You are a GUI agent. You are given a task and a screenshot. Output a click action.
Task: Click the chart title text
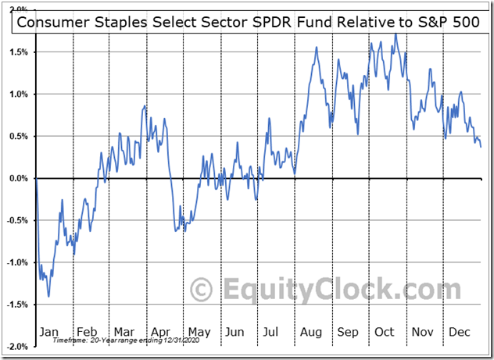248,22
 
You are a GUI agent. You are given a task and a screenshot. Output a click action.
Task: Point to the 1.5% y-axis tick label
18,52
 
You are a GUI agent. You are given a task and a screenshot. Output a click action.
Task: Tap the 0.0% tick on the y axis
18,178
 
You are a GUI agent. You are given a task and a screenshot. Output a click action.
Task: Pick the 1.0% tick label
18,94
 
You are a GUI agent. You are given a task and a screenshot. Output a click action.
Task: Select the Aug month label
310,331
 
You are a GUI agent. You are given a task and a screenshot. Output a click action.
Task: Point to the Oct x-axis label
385,331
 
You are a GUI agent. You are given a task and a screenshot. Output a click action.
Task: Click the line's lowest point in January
48,296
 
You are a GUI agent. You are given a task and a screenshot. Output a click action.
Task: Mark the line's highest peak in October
396,34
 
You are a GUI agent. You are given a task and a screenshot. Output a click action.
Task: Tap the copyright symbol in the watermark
202,290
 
